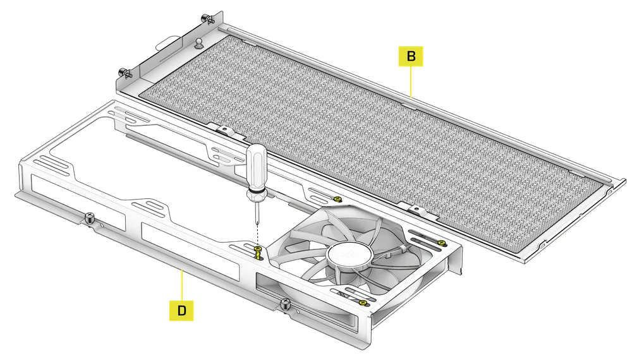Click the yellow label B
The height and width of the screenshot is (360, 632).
click(411, 56)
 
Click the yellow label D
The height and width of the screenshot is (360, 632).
click(181, 310)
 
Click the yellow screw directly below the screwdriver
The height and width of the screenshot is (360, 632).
click(258, 253)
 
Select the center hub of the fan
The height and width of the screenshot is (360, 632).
click(348, 256)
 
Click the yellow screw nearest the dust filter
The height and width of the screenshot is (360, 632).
click(337, 198)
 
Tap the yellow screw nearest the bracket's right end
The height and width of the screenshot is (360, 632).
click(441, 243)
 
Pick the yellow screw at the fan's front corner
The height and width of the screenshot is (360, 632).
click(362, 303)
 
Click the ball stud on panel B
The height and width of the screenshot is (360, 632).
click(198, 43)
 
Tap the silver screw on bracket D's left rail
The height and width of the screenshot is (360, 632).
click(89, 218)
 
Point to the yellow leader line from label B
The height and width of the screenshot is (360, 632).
click(411, 81)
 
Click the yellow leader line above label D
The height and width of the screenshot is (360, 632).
click(182, 285)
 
